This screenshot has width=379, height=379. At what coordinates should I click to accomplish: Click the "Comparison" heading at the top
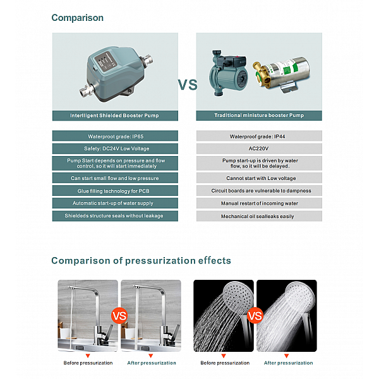77,18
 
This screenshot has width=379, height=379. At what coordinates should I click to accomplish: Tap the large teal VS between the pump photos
188,85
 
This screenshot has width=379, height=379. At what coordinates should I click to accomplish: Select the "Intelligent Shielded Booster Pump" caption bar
115,116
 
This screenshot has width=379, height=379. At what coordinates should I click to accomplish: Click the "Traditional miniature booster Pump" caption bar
259,116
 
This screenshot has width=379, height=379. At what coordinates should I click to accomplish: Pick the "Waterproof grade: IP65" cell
115,136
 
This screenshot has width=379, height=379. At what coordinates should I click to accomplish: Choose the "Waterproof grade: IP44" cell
259,136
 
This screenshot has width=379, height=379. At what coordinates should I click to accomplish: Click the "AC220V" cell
259,148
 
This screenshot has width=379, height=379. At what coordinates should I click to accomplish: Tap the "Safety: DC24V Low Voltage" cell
115,148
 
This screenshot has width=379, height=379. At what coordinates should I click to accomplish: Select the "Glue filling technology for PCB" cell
115,191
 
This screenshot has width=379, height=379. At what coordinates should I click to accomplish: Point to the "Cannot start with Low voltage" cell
259,178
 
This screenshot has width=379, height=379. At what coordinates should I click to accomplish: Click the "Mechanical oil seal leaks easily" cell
259,216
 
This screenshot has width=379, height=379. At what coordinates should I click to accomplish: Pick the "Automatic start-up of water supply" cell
115,203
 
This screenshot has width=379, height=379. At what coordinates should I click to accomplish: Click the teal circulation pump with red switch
227,73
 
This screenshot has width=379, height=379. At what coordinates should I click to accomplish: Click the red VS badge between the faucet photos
119,316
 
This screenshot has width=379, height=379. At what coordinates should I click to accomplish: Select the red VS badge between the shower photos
255,316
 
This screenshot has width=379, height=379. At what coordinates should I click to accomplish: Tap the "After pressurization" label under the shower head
289,363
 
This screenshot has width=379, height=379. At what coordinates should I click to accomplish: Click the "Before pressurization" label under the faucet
88,363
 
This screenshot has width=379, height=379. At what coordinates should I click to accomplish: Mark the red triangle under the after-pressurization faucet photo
151,356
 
